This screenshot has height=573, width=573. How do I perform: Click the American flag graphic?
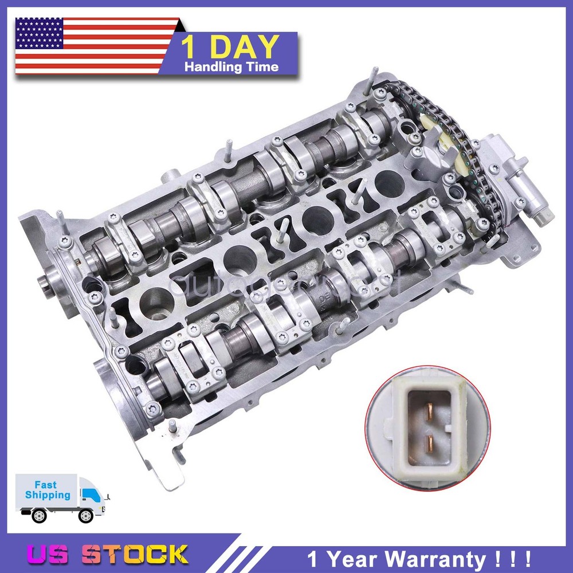(x=95, y=46)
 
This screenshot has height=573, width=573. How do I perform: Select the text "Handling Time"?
(x=231, y=67)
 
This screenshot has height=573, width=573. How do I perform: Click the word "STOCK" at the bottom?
(x=135, y=554)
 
